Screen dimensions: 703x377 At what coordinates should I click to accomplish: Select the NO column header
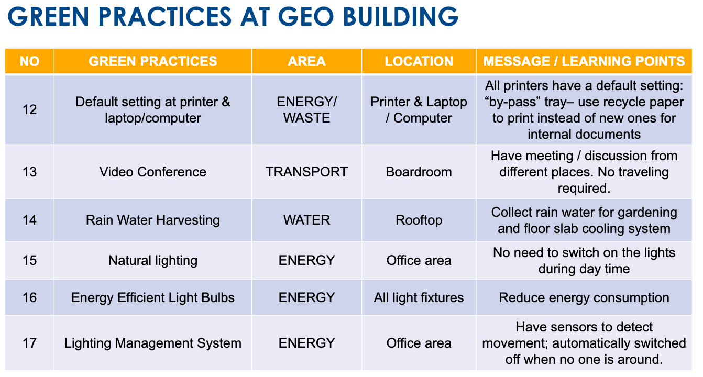click(29, 61)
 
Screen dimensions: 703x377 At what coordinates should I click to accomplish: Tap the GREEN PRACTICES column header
click(153, 61)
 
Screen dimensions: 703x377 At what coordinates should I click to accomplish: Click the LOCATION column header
click(419, 61)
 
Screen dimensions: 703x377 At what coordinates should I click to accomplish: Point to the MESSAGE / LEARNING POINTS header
click(584, 61)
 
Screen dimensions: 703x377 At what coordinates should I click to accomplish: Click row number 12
click(29, 110)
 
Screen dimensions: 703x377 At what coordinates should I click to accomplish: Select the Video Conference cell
click(153, 172)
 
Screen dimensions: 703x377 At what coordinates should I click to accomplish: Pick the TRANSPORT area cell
click(306, 172)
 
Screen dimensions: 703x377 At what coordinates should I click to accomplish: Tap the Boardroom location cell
click(419, 172)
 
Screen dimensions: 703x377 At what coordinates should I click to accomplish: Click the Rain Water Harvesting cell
click(153, 220)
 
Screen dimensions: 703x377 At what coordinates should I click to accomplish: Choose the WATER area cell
click(306, 220)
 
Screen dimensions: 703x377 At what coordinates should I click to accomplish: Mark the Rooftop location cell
click(419, 220)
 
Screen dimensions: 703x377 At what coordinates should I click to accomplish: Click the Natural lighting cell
click(153, 261)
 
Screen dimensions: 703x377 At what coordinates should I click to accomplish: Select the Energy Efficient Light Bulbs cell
click(153, 297)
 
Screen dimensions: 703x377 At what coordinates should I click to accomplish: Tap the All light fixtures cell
click(419, 297)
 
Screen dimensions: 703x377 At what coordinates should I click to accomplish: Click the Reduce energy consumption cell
click(584, 297)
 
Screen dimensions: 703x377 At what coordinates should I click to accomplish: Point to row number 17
click(29, 343)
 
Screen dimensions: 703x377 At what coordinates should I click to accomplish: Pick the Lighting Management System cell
click(153, 343)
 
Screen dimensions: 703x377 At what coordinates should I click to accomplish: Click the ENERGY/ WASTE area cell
click(306, 110)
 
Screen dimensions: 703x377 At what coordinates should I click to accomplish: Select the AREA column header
click(306, 61)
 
